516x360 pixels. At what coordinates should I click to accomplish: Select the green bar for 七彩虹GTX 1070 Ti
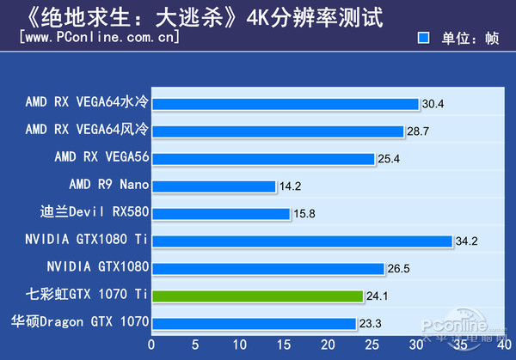click(259, 296)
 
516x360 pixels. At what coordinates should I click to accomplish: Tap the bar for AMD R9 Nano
click(215, 186)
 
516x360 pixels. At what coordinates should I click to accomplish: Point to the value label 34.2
click(467, 241)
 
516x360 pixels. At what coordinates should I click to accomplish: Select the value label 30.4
click(433, 104)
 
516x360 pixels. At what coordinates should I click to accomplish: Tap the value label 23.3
click(371, 324)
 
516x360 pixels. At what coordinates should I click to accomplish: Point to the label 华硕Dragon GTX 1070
click(80, 322)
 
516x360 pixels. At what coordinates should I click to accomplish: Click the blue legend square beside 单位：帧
click(423, 38)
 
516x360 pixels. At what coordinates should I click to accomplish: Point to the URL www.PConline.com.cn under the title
click(99, 38)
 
